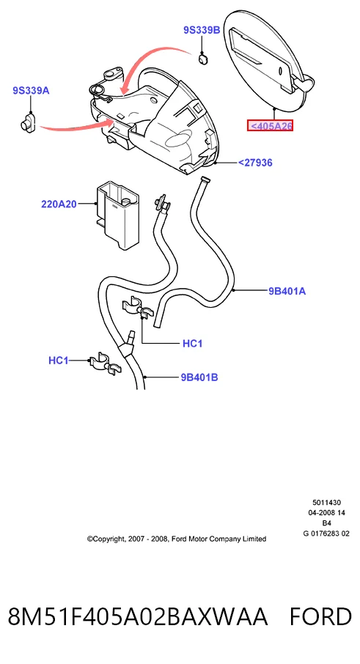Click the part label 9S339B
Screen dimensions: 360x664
202,30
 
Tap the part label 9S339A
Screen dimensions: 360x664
31,90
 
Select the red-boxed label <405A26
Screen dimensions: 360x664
271,126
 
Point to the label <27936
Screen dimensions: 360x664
255,163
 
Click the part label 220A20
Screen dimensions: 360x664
59,204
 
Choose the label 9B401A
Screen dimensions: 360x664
287,291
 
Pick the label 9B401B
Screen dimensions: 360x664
199,377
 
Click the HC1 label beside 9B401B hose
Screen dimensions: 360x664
59,361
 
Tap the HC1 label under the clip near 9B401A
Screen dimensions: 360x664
192,344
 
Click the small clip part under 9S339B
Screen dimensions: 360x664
204,59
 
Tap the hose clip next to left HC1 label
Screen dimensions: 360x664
104,364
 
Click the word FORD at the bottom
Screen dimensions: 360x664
320,616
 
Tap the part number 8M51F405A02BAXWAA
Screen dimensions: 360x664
138,616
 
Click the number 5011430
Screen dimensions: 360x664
326,503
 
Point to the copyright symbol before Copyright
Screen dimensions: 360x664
89,539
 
